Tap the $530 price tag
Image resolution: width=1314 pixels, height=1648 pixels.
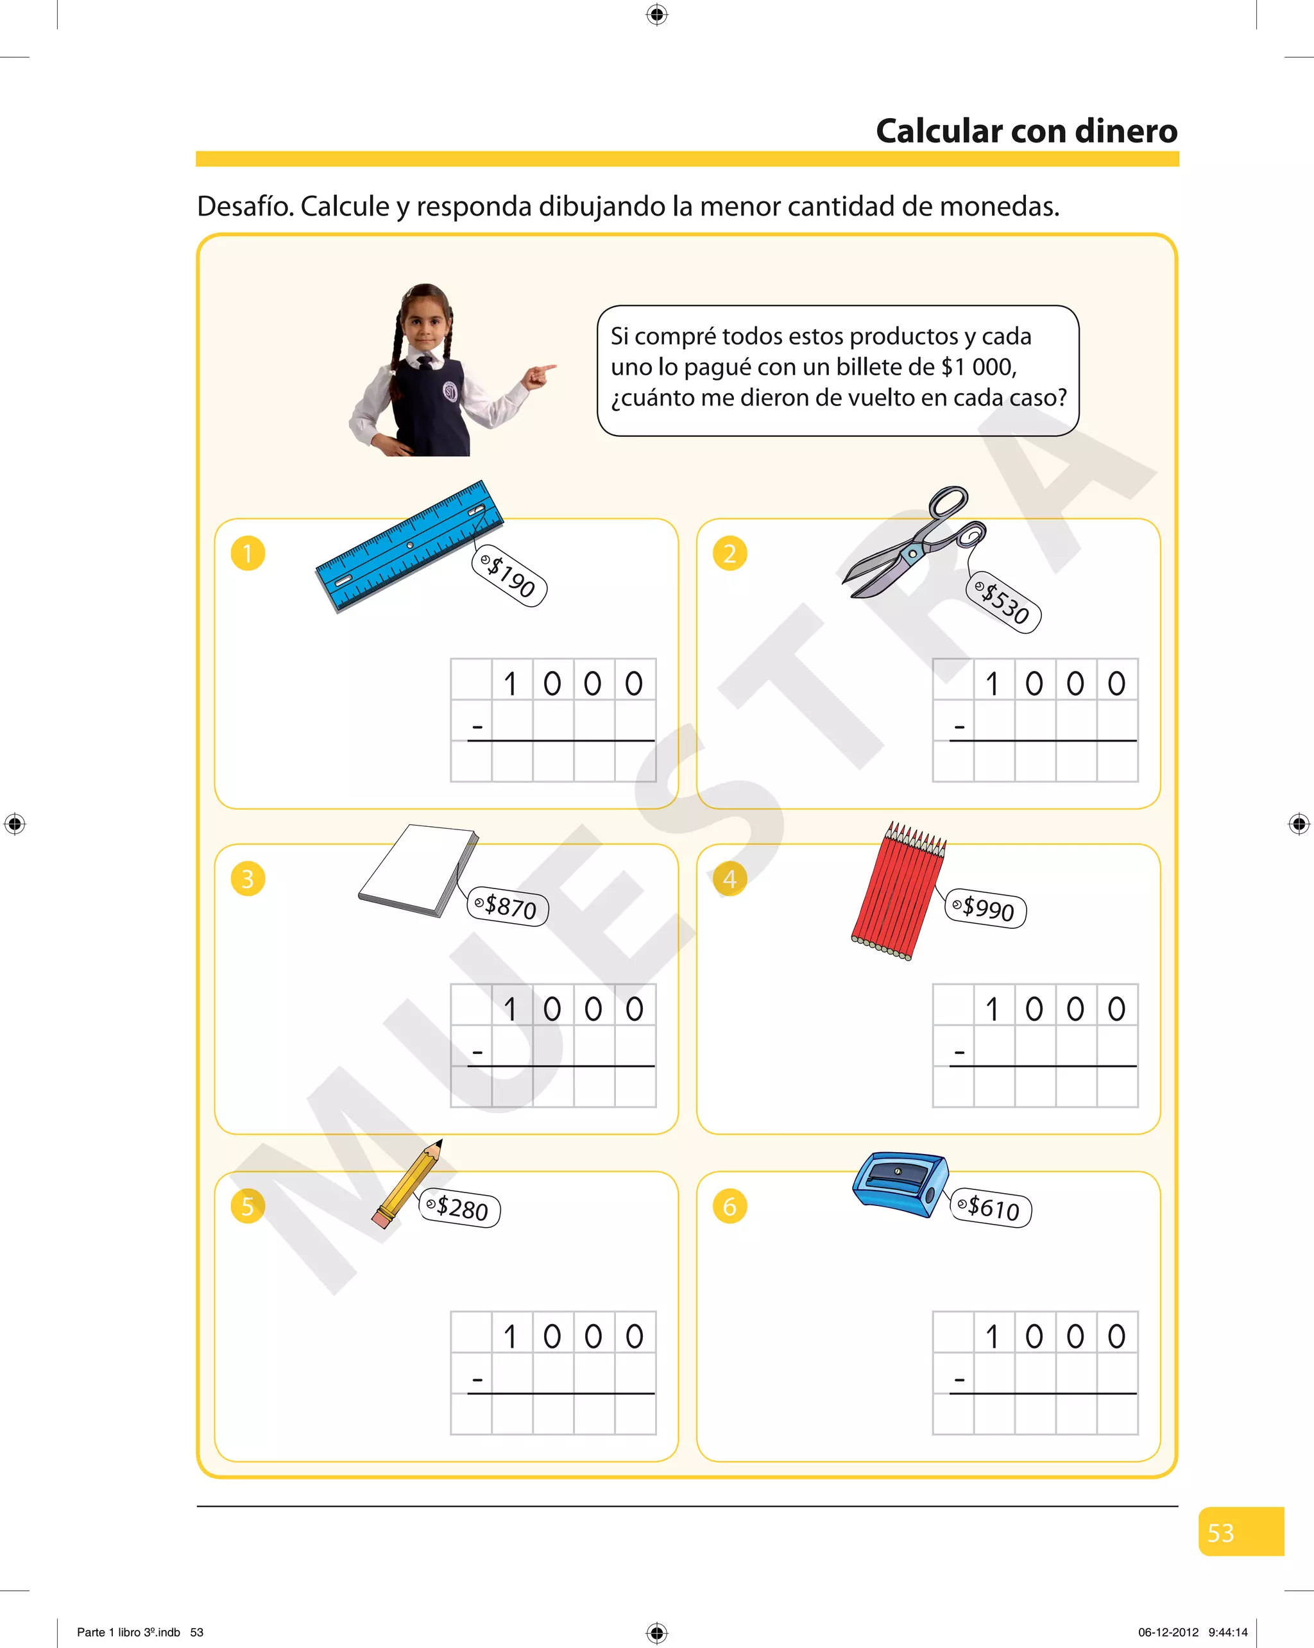(x=1004, y=602)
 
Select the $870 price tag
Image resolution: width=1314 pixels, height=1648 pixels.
(x=508, y=906)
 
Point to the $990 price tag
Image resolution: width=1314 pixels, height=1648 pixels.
(x=986, y=908)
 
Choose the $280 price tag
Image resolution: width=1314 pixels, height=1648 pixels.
(x=460, y=1208)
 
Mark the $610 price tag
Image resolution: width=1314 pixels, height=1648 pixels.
(x=991, y=1208)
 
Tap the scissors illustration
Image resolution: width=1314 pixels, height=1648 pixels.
(x=914, y=542)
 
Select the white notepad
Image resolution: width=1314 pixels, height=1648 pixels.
(x=418, y=871)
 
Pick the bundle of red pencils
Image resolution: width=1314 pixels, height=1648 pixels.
(x=899, y=890)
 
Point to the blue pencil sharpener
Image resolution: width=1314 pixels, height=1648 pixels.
(x=900, y=1184)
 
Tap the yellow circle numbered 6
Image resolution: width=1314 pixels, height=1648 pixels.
(x=730, y=1206)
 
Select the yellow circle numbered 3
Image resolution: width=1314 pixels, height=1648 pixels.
(x=248, y=879)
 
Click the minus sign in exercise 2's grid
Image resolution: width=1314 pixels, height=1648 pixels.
(x=959, y=727)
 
